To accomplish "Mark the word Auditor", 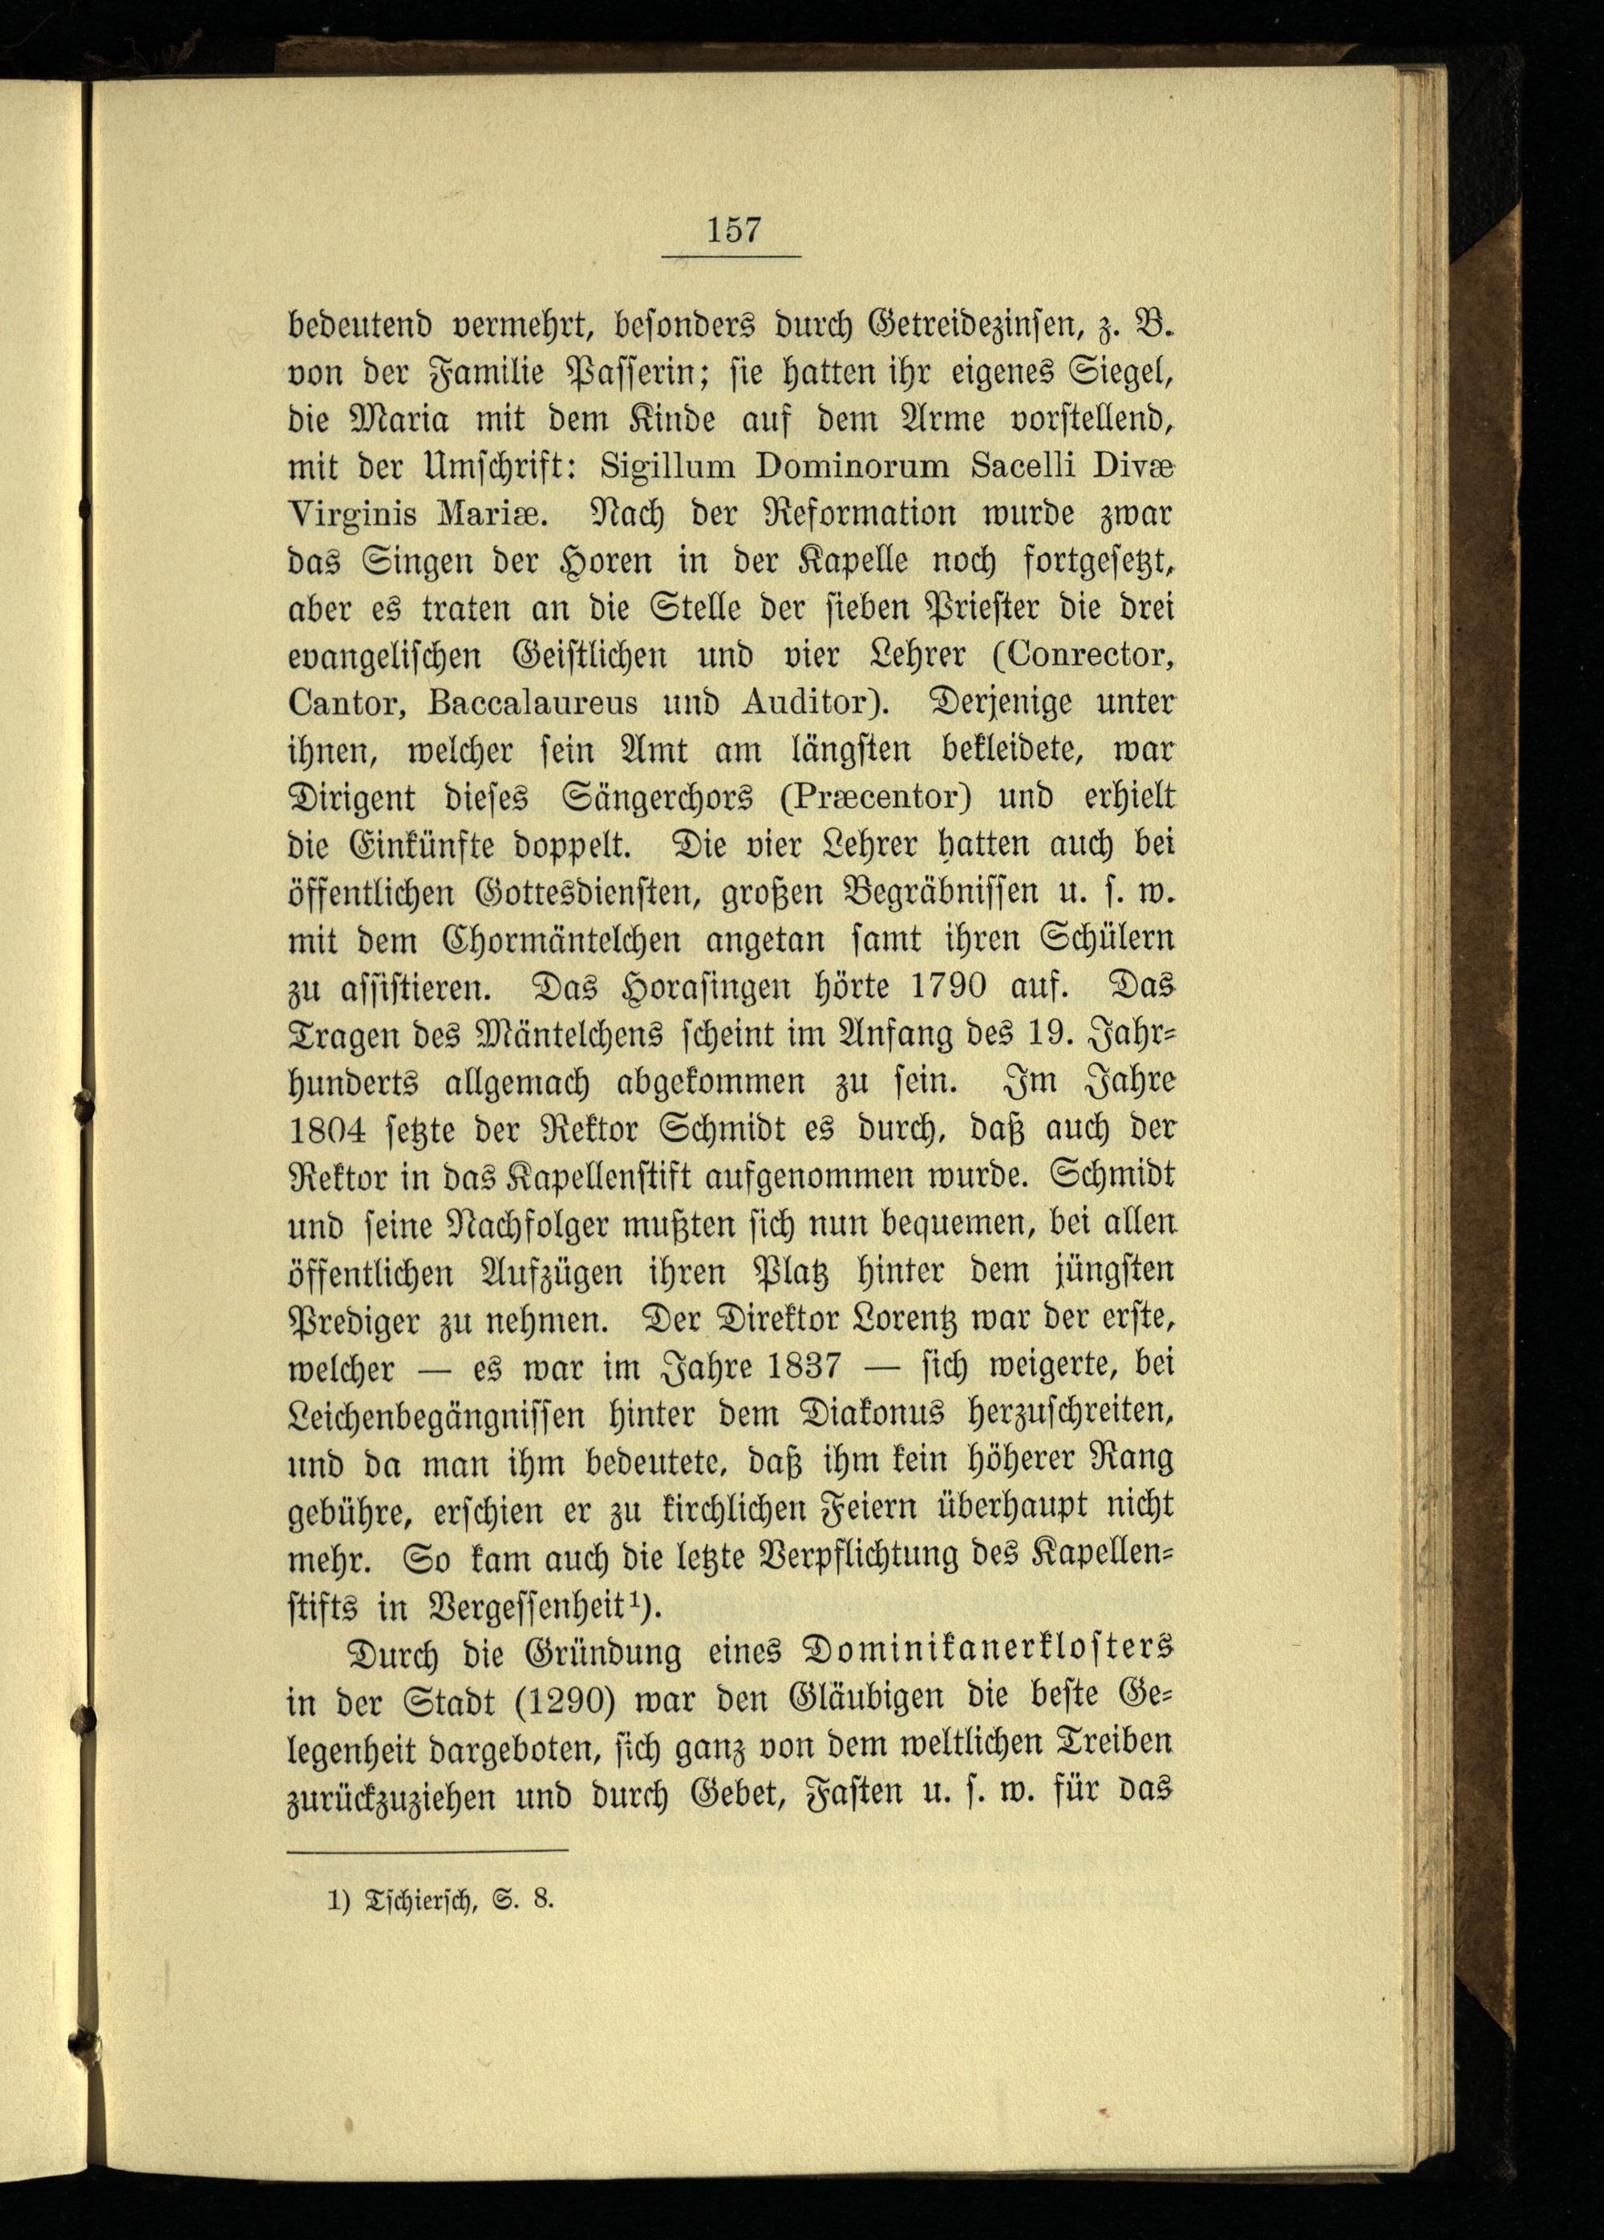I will point(808,703).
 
